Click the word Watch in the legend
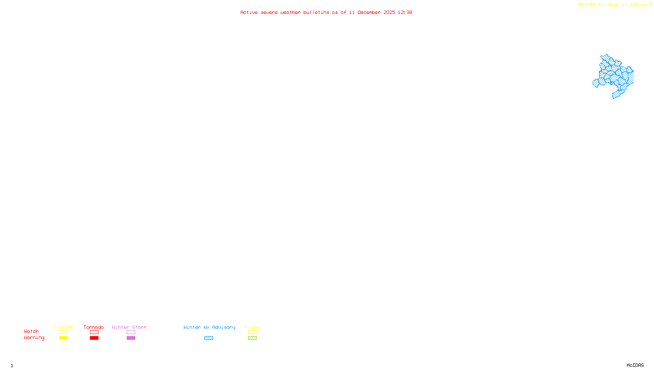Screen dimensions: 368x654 tap(31, 331)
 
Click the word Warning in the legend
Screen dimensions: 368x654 tap(34, 338)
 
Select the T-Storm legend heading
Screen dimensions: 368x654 tap(63, 327)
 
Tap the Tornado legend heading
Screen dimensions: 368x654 tap(94, 327)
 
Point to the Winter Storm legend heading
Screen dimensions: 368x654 tap(129, 327)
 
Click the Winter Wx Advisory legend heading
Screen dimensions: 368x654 tap(209, 327)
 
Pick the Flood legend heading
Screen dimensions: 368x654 tap(252, 327)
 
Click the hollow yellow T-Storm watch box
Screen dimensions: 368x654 tap(63, 332)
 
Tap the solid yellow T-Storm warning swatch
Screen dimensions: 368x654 tap(63, 338)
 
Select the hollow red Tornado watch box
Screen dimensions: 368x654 tap(94, 332)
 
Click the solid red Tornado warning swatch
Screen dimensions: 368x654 tap(94, 338)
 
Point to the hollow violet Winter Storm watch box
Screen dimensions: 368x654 tap(131, 332)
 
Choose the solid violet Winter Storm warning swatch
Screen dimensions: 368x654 tap(131, 338)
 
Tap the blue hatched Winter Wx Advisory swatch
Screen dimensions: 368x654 tap(208, 338)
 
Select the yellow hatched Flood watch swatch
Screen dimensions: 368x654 tap(252, 332)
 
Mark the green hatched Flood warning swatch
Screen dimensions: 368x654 tap(252, 338)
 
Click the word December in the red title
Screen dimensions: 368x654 tap(369, 12)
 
